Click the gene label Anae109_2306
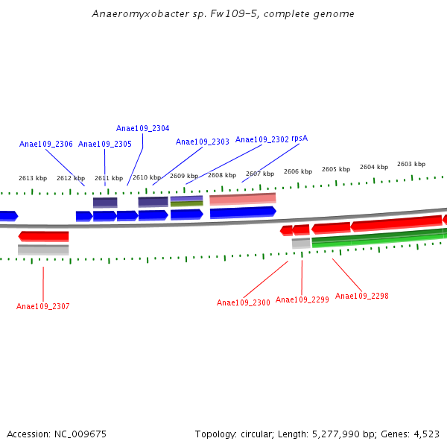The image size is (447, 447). [x=46, y=144]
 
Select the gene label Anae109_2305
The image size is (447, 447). [x=105, y=144]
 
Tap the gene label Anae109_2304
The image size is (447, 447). [x=142, y=128]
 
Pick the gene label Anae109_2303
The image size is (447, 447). [x=203, y=142]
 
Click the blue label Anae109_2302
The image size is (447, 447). [x=262, y=139]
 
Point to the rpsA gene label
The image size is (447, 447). [x=299, y=139]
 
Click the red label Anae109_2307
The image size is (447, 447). [x=43, y=306]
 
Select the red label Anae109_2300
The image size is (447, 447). [x=244, y=302]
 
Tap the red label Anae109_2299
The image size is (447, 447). [x=302, y=299]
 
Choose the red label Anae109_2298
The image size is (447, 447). [x=362, y=296]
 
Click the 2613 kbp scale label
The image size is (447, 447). [x=33, y=178]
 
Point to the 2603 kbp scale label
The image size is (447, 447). [x=411, y=164]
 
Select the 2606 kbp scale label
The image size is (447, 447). [x=298, y=171]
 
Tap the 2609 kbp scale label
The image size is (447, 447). [x=184, y=176]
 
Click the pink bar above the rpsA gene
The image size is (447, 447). [x=243, y=199]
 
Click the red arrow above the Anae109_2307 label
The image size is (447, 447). [x=44, y=236]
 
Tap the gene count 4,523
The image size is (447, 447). [x=425, y=434]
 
